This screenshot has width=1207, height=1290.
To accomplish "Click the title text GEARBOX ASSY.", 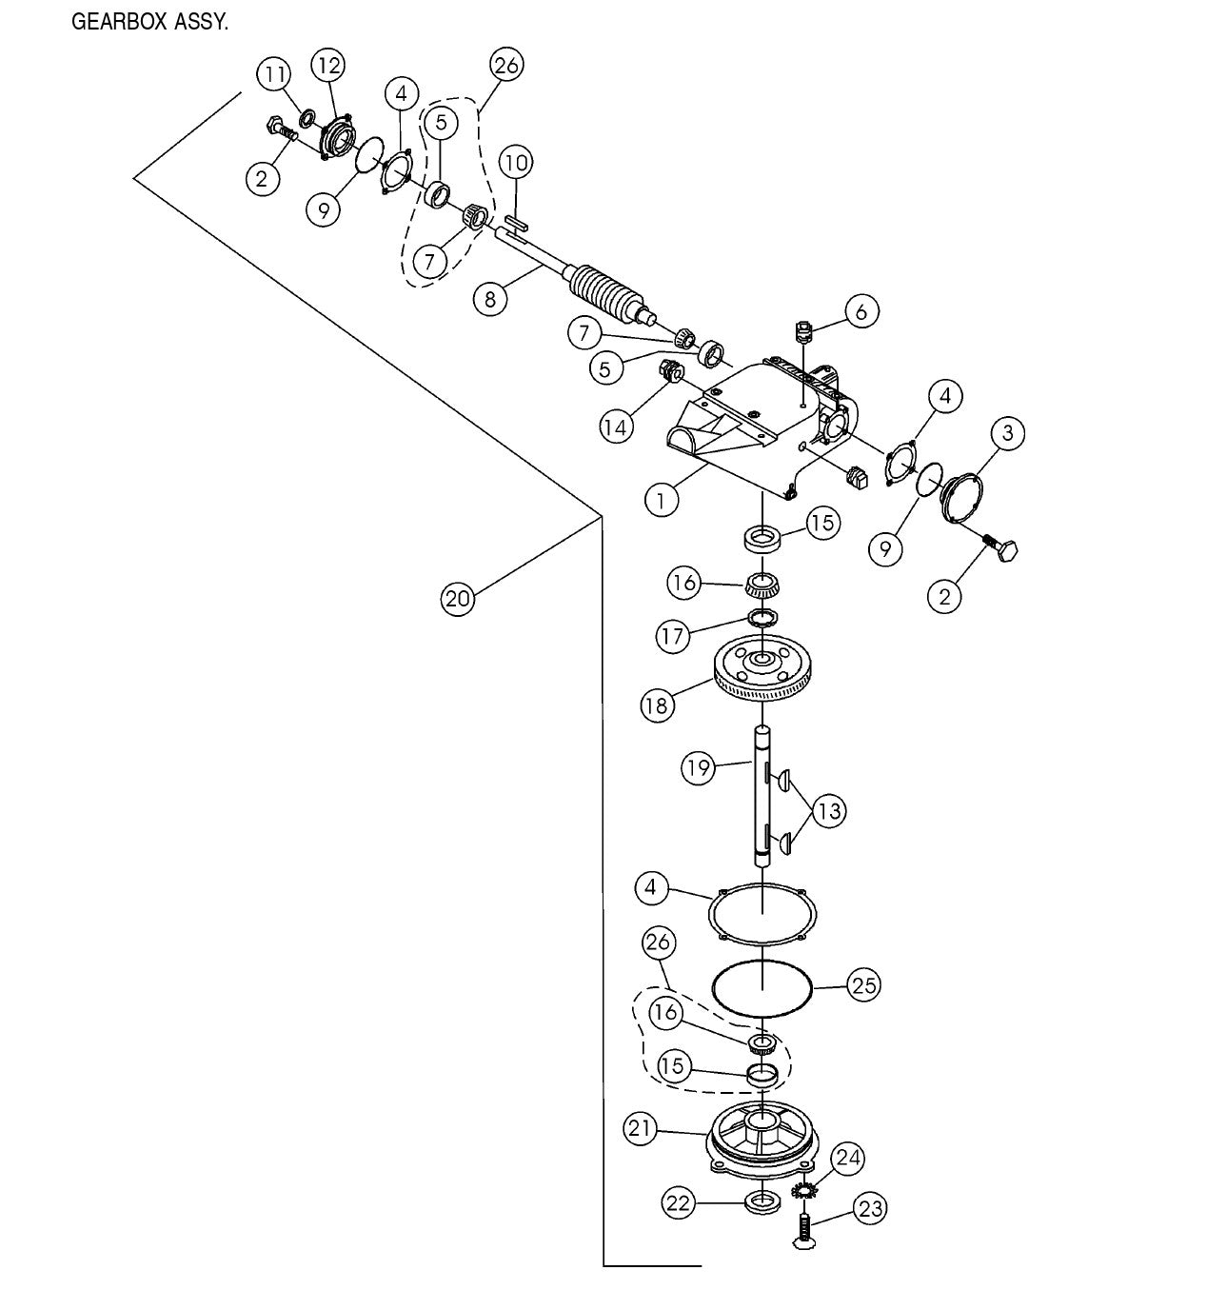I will pos(149,22).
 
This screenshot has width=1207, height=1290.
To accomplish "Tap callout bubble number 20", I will pos(458,599).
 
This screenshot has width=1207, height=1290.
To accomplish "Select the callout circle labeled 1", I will pos(661,499).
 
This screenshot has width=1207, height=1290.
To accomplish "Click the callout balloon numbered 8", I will pos(489,299).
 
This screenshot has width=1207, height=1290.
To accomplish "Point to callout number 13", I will pos(829,811).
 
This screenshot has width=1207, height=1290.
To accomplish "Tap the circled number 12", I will pos(328,66).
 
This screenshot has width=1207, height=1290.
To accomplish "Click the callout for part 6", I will pos(861,310).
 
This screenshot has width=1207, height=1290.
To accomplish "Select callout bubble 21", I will pos(641,1129).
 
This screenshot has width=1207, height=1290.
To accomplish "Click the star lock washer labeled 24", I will pos(805,1190).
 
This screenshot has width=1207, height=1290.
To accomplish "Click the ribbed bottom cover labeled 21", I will pos(762,1139).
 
